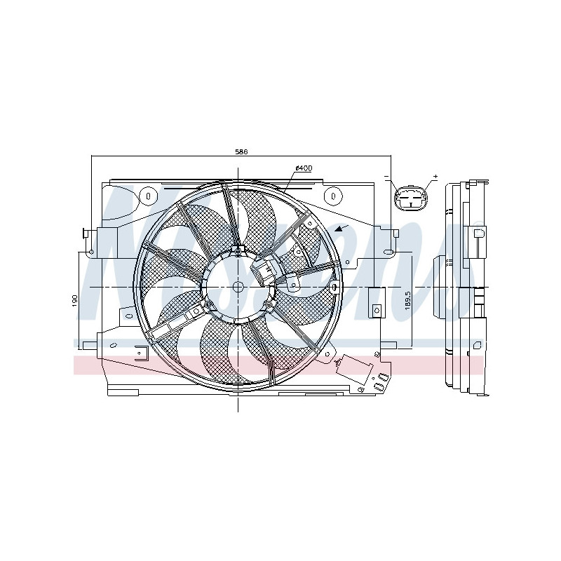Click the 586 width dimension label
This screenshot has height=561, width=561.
(241, 151)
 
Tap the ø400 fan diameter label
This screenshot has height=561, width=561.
(304, 168)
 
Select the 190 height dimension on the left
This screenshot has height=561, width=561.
(74, 299)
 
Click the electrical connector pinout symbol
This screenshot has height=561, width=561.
(410, 198)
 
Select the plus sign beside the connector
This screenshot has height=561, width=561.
(435, 177)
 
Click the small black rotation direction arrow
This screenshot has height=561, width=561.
(340, 229)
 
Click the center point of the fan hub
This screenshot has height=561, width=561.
(238, 288)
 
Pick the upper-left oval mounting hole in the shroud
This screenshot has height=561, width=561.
(149, 194)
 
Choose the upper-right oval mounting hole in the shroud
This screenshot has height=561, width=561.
(334, 194)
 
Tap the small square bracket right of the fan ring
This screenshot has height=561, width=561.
(376, 309)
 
